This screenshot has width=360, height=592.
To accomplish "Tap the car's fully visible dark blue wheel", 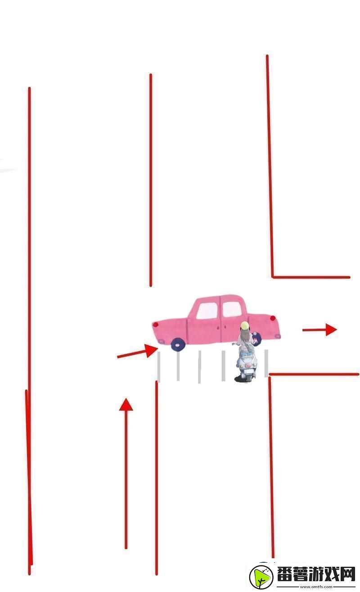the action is [177, 344].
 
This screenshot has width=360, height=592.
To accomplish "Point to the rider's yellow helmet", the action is [245, 325].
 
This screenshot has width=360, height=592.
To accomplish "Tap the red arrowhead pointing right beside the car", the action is [331, 329].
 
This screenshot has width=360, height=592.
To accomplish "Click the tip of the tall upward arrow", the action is [126, 398].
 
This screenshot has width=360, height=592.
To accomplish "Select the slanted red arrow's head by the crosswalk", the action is [151, 350].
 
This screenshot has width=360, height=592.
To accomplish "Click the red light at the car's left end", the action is [156, 325].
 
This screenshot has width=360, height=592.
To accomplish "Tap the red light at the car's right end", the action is [273, 318].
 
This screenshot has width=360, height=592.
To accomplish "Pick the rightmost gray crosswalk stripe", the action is [266, 363].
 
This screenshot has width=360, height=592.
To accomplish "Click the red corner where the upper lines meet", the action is [273, 277].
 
